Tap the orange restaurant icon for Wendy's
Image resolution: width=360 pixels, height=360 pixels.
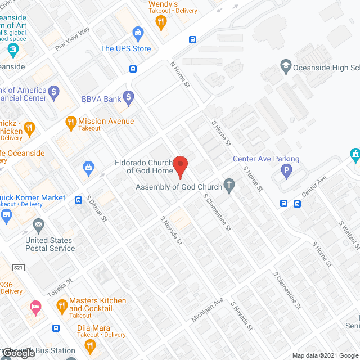point(161,22)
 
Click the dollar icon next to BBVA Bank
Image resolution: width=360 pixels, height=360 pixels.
point(129,98)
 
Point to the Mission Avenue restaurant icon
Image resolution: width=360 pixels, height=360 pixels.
point(71,121)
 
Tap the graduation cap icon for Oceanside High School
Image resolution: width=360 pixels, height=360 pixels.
point(285,67)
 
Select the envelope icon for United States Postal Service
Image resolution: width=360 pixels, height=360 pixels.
point(39,226)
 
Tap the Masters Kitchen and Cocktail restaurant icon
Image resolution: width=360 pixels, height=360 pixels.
point(62,306)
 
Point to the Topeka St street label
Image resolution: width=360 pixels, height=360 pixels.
point(60,288)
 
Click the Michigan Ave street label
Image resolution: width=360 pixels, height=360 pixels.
point(207,309)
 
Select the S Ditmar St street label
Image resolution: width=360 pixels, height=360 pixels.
point(96,208)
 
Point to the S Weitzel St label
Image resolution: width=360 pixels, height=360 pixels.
point(349,235)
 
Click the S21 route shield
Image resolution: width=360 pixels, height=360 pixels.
point(20,267)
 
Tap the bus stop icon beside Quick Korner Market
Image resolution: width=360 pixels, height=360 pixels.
point(77,199)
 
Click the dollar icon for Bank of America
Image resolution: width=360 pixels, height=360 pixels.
point(54,91)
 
